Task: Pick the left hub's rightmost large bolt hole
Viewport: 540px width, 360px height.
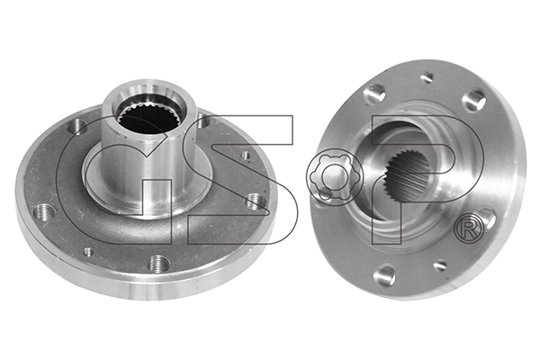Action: click(x=256, y=201)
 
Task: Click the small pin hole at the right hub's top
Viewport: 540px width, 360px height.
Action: click(x=427, y=78)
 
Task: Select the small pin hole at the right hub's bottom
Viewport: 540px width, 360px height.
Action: click(x=440, y=265)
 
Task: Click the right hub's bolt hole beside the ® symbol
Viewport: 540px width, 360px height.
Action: click(x=486, y=216)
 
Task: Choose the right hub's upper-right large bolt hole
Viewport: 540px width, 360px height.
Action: click(x=474, y=101)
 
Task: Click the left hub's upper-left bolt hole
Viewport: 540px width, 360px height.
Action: click(x=79, y=127)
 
